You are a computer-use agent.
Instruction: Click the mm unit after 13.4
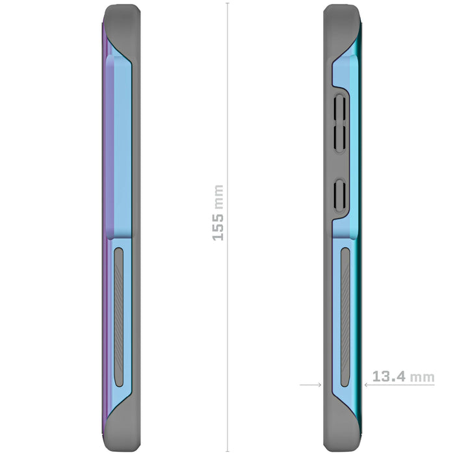coord(424,377)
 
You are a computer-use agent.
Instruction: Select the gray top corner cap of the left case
coord(122,19)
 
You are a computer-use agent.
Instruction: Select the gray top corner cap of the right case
coord(341,19)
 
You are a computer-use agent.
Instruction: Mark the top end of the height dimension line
coord(227,4)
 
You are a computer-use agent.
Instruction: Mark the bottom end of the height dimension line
coord(227,450)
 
